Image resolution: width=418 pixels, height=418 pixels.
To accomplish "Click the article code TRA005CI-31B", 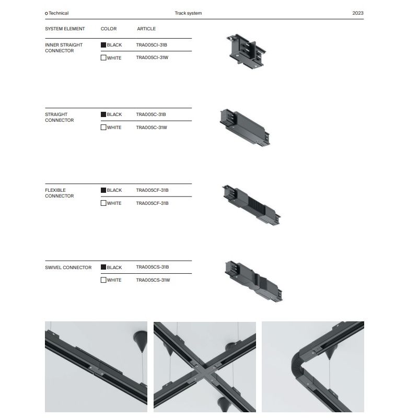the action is tap(152, 45).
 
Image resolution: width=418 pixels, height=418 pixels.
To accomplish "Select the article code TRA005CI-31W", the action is tap(152, 57).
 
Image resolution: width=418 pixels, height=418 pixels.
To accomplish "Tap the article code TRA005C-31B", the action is tap(151, 114).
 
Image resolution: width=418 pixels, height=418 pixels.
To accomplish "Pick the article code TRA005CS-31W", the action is tap(153, 280).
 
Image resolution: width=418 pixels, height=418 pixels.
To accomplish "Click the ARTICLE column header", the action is tap(146, 29).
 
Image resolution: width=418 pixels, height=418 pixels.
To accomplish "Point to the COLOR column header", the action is tap(109, 29).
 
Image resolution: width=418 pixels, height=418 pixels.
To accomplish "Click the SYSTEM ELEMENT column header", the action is tap(65, 29).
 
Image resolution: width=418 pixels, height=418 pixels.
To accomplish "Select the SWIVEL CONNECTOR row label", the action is tap(68, 268).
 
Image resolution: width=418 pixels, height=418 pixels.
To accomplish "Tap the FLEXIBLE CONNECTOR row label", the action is tap(60, 193).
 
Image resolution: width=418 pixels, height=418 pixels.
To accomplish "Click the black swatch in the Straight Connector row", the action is tap(103, 114).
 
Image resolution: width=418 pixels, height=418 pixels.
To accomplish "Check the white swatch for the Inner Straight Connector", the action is tap(103, 57).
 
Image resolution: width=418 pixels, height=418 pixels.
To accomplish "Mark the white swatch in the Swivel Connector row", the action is tap(103, 280).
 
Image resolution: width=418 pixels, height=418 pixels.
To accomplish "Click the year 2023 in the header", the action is tap(358, 13).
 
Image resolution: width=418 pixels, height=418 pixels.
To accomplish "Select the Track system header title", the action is tap(188, 13).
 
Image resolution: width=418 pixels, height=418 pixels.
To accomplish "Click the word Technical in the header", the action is tap(59, 13).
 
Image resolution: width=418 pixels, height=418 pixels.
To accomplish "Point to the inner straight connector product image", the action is tap(246, 51).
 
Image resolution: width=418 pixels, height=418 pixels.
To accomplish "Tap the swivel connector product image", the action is tap(253, 281).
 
